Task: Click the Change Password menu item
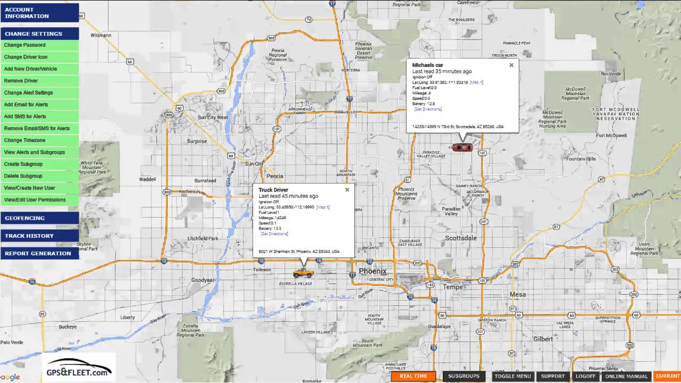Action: (25, 45)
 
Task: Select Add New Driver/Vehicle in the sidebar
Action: (30, 69)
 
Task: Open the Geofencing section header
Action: (25, 218)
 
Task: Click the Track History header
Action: (29, 236)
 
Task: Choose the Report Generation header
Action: (38, 253)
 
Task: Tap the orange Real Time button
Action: (413, 376)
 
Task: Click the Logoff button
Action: (585, 376)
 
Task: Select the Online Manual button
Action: (626, 376)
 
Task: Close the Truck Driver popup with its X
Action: (347, 190)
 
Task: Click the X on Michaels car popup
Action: (511, 65)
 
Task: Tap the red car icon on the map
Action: (462, 147)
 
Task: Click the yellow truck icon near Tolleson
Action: (303, 273)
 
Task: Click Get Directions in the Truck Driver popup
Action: (275, 234)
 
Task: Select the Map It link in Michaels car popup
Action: (477, 82)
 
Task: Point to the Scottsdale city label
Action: (461, 238)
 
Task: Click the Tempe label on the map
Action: (453, 287)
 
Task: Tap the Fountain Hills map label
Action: (581, 159)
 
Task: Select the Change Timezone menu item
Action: (25, 140)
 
